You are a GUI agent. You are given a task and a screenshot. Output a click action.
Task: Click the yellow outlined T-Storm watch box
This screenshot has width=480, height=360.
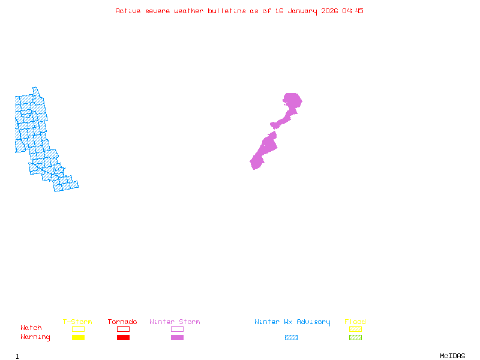(x=78, y=329)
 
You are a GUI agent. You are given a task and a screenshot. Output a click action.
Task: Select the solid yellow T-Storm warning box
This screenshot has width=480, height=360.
(x=78, y=338)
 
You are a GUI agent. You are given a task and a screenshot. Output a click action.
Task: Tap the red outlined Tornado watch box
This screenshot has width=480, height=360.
(x=123, y=329)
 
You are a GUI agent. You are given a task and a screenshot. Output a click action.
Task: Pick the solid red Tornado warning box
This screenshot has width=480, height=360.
(x=123, y=338)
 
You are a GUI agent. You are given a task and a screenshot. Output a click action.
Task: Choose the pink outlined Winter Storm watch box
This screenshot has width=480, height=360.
(x=177, y=329)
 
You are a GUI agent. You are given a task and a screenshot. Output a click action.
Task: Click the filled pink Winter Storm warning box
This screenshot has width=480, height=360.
(x=177, y=338)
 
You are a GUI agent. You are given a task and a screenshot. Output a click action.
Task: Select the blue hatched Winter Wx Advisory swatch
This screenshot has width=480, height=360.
(x=291, y=338)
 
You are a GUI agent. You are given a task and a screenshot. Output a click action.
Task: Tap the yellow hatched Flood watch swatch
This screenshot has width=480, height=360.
(x=355, y=329)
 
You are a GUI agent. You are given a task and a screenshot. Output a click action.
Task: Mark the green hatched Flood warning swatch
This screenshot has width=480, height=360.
(x=355, y=338)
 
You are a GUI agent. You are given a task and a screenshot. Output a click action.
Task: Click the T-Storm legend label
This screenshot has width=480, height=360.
(x=77, y=322)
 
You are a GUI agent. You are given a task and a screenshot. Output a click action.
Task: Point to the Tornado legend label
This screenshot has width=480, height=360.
(x=122, y=322)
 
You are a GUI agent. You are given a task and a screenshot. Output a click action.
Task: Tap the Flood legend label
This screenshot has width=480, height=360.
(x=355, y=322)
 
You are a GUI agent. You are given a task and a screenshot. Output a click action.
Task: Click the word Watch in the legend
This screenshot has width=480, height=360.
(x=31, y=328)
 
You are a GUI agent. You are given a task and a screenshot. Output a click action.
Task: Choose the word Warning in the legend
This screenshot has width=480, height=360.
(x=35, y=337)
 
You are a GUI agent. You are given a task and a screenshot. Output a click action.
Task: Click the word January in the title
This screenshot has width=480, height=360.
(x=302, y=11)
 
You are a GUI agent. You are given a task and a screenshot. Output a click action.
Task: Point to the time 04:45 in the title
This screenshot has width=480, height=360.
(x=353, y=11)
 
